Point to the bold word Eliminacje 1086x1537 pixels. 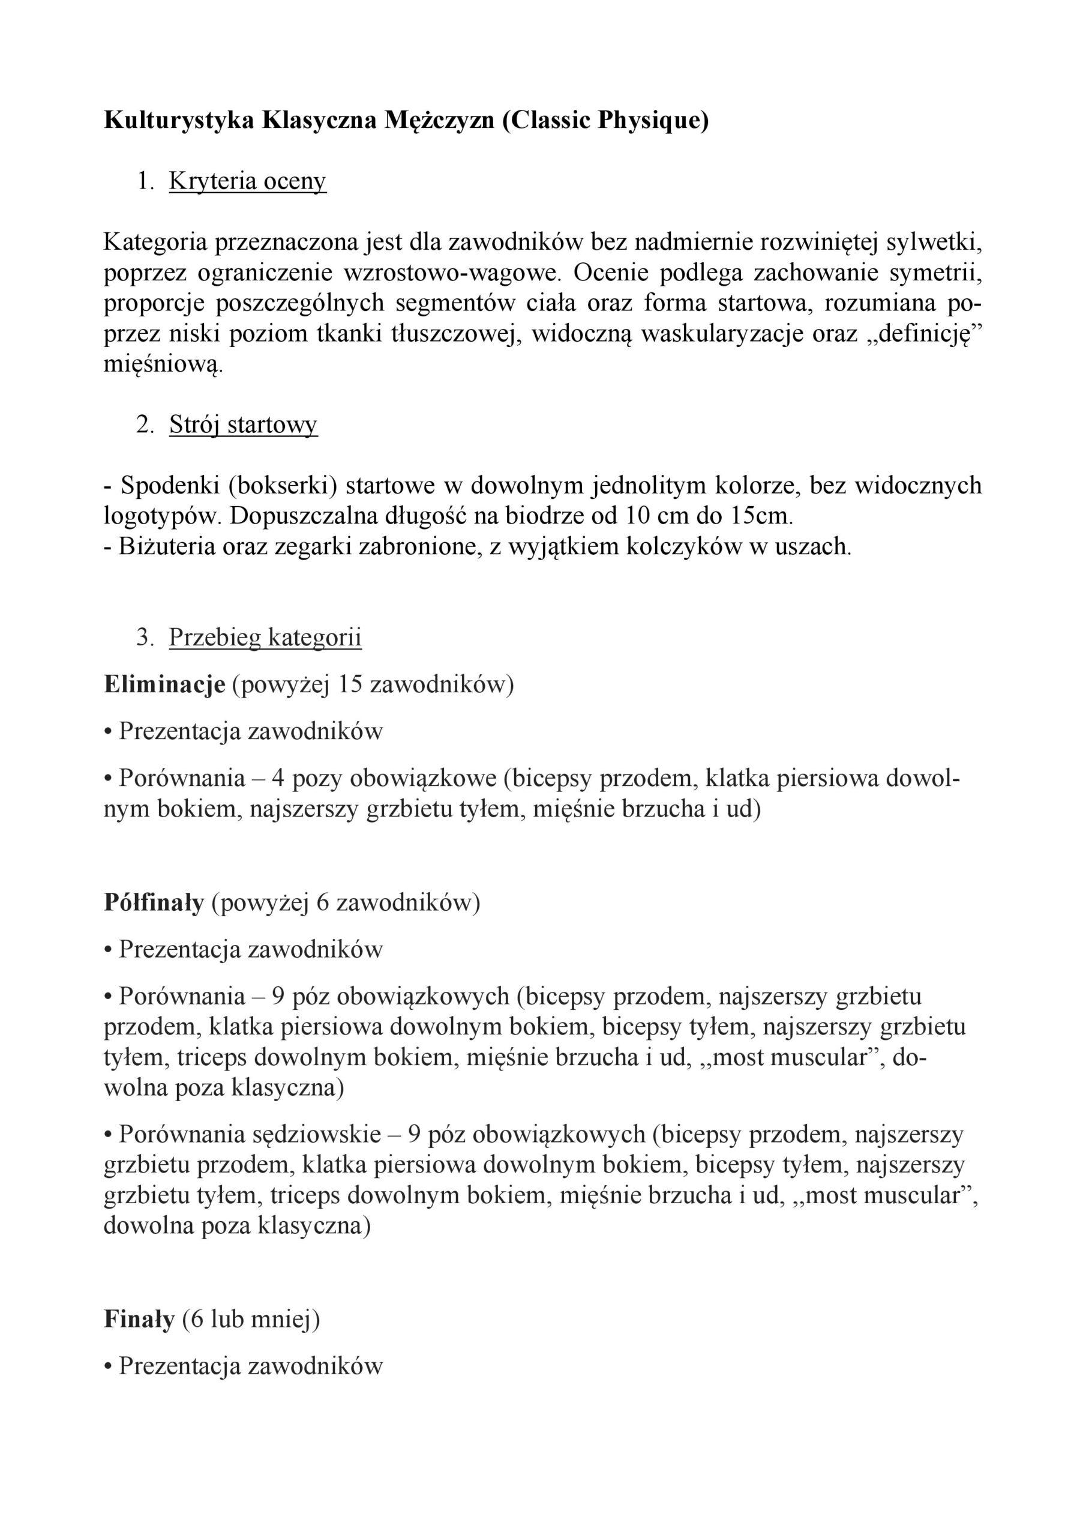click(x=164, y=685)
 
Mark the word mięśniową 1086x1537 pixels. click(x=161, y=365)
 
